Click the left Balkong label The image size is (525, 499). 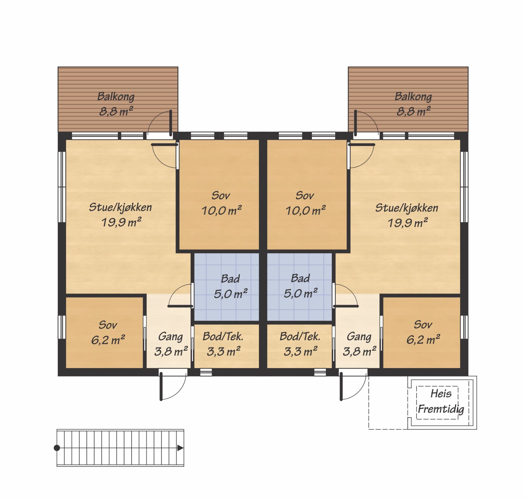pyautogui.click(x=116, y=96)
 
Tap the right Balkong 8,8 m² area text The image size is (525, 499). pyautogui.click(x=413, y=111)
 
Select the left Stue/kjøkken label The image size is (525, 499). pyautogui.click(x=120, y=207)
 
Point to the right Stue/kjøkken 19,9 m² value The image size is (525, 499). pyautogui.click(x=407, y=223)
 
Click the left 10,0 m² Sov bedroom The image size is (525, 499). pyautogui.click(x=219, y=195)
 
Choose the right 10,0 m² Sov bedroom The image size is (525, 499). pyautogui.click(x=307, y=195)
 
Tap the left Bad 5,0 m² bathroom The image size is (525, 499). pyautogui.click(x=227, y=287)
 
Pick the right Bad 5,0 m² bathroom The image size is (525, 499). pyautogui.click(x=299, y=287)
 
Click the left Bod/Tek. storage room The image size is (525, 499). pyautogui.click(x=227, y=346)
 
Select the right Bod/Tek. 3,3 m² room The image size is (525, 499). pyautogui.click(x=299, y=346)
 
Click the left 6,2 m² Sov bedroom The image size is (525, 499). pyautogui.click(x=104, y=333)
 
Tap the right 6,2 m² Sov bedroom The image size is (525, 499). pyautogui.click(x=422, y=333)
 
